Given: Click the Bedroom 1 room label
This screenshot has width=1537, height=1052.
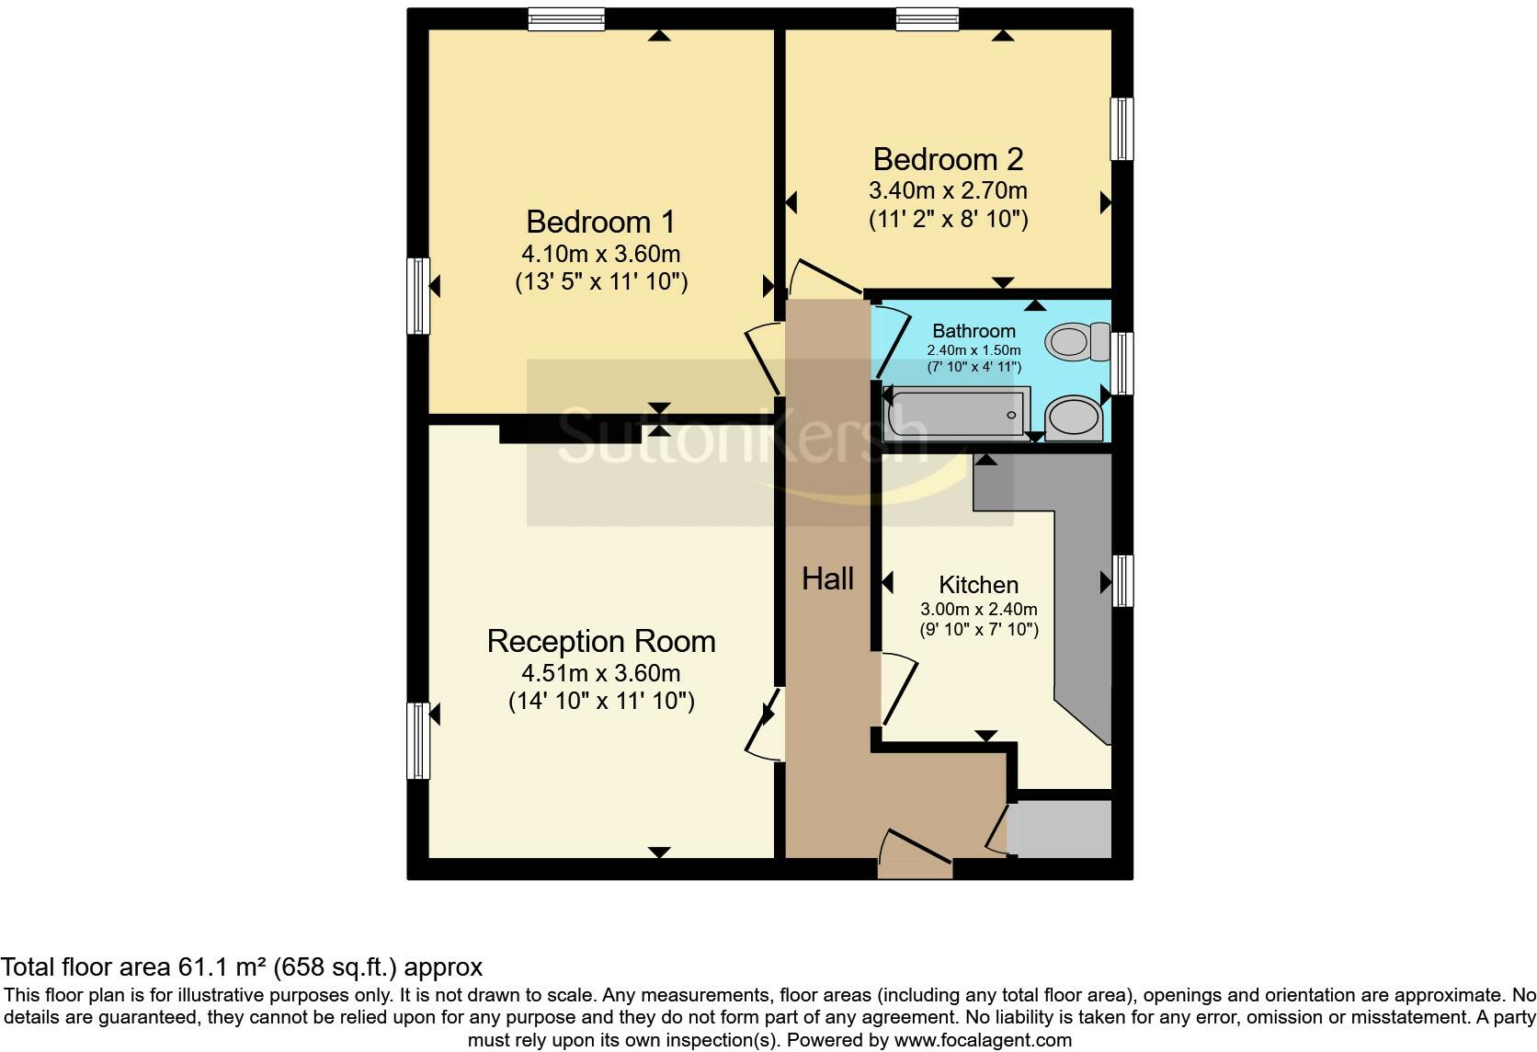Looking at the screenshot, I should [x=600, y=222].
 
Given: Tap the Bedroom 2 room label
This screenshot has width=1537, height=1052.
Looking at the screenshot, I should [x=948, y=159].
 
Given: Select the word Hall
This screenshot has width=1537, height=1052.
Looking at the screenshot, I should [x=827, y=578].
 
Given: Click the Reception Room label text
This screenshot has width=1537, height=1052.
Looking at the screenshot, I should [x=601, y=641].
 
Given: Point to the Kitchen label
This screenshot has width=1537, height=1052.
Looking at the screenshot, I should [x=978, y=585].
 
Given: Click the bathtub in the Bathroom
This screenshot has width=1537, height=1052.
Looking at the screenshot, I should [x=956, y=414].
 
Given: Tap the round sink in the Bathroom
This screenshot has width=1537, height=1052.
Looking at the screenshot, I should [x=1073, y=418].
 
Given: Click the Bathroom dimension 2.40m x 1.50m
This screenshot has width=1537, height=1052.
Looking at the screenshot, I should [x=973, y=350].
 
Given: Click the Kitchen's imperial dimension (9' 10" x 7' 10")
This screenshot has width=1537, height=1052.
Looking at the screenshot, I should [x=979, y=630].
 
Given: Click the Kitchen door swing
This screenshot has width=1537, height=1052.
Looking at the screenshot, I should [x=899, y=689].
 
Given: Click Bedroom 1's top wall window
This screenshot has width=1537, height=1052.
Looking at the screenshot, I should [x=566, y=18].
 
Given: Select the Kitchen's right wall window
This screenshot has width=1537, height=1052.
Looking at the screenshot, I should [x=1122, y=580].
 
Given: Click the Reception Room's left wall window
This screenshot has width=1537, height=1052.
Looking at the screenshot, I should [x=418, y=740].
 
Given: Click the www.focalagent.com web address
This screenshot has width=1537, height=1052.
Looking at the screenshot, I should [x=983, y=1040].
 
